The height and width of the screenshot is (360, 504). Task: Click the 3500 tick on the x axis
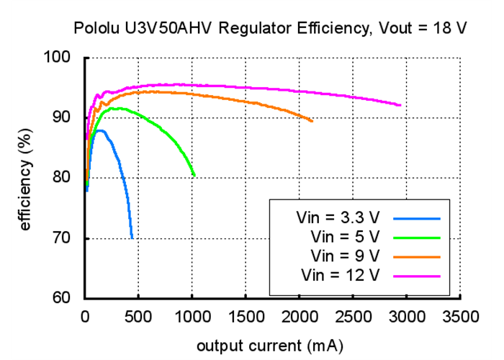click(462, 316)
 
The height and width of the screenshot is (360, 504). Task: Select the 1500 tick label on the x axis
click(246, 316)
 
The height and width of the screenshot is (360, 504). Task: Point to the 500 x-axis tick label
click(139, 316)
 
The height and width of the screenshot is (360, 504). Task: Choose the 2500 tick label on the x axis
click(354, 316)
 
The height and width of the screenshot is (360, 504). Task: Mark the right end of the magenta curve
click(400, 105)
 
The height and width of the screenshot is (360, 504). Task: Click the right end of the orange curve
click(312, 121)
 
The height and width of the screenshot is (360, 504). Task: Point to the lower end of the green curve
click(194, 175)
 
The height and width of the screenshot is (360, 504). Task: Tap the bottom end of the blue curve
click(132, 238)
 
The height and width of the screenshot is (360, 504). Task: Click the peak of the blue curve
click(101, 130)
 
